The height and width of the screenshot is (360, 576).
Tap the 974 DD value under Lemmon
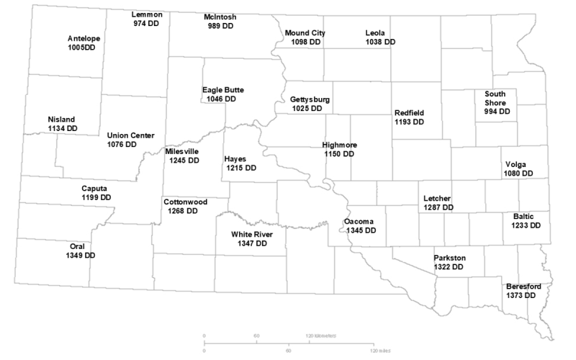[x=146, y=24]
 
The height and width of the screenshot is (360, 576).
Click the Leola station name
[x=375, y=33]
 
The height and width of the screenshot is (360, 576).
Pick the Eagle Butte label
[x=222, y=90]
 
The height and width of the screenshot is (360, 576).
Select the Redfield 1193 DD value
[x=409, y=122]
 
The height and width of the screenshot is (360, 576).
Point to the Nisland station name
[x=61, y=120]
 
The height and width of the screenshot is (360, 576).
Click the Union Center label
[x=130, y=135]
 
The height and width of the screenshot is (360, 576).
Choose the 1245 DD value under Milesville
[x=184, y=161]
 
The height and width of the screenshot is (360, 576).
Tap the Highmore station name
[x=340, y=145]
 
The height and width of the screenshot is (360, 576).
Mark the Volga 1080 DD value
[x=519, y=174]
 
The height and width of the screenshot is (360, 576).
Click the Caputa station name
[x=96, y=188]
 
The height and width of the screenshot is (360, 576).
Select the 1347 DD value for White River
[x=252, y=244]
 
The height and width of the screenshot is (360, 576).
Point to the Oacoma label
[x=359, y=222]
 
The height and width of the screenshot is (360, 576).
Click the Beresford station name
[x=523, y=287]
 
